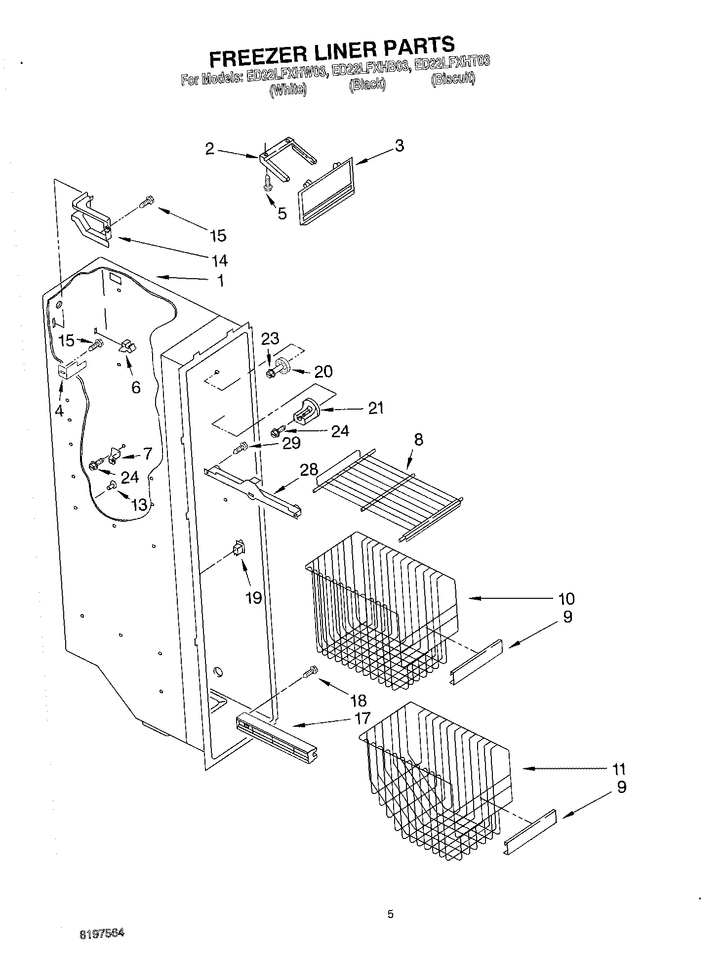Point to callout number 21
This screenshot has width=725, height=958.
pos(376,408)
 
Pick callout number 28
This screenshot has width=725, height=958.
pos(309,469)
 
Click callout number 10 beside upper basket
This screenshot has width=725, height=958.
pos(566,598)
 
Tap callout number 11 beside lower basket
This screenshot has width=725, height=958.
pos(618,769)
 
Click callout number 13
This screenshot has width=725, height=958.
pos(139,504)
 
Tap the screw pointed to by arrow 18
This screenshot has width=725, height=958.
pos(311,672)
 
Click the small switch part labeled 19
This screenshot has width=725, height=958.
pos(239,549)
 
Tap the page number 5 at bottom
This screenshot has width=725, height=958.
pos(390,914)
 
